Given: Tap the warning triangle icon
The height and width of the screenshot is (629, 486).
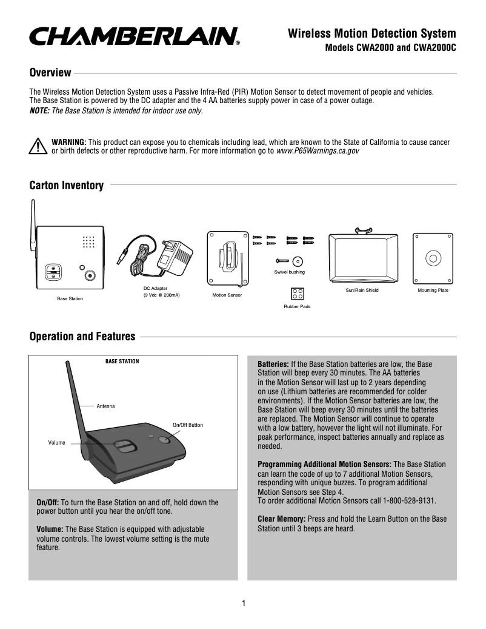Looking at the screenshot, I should tap(38, 146).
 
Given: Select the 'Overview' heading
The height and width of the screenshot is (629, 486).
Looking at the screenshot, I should tap(50, 73).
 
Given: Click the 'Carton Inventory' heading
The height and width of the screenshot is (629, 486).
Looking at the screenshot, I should tap(67, 185).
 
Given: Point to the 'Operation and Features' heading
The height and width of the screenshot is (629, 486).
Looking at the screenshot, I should tap(82, 337).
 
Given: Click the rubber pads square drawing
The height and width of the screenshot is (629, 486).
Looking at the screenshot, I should tap(297, 293).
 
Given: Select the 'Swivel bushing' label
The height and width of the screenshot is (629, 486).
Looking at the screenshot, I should tap(290, 272).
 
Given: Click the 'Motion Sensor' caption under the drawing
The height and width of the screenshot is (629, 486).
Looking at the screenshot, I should tap(227, 295).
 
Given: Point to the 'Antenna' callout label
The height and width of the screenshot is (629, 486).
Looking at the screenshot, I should tap(105, 405).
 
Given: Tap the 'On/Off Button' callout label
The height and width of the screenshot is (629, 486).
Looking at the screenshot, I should tap(188, 425).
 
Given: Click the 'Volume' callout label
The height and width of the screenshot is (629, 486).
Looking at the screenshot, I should tap(56, 443).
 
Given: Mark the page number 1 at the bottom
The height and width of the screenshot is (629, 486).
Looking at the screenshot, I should tap(243, 603).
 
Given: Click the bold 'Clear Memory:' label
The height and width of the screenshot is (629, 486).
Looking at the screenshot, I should tap(282, 519).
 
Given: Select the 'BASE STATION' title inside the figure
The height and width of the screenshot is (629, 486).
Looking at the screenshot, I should tap(122, 362).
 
